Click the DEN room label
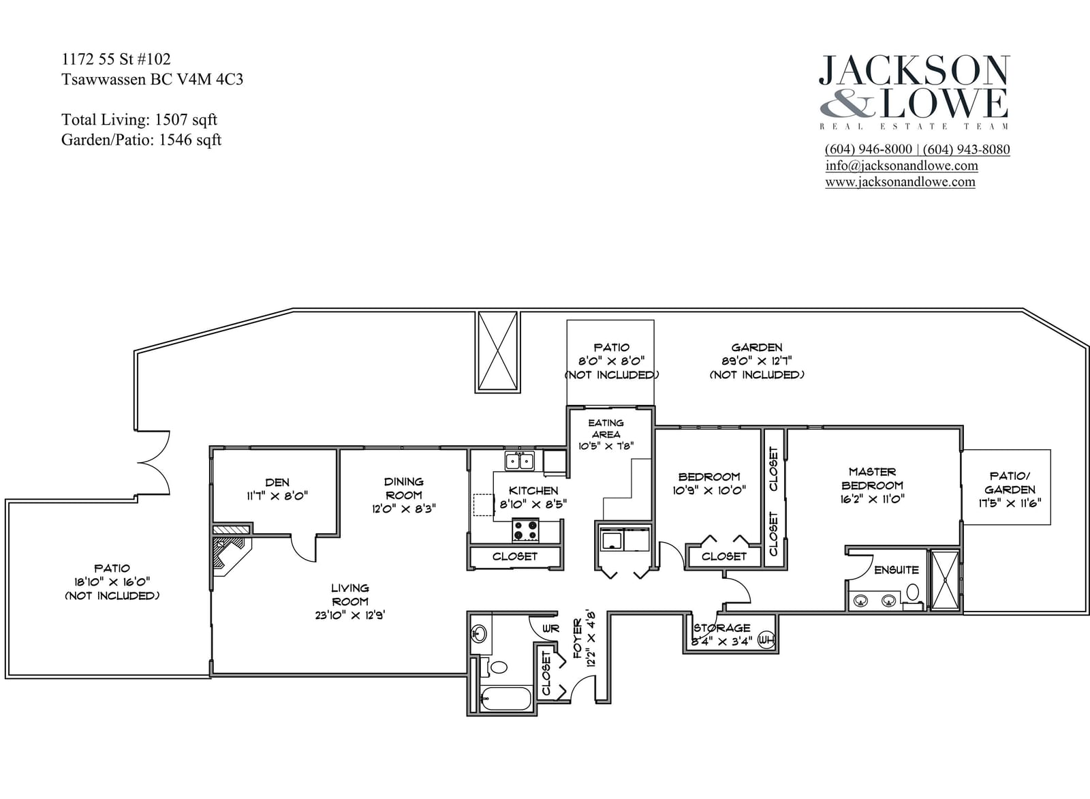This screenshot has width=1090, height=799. (277, 482)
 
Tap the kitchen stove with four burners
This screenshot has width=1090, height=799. (526, 530)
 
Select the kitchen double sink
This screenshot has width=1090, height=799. (520, 460)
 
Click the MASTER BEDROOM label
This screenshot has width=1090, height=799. (872, 478)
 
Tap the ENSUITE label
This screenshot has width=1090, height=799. (897, 570)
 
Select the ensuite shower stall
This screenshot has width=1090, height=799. (944, 580)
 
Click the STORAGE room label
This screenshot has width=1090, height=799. (722, 628)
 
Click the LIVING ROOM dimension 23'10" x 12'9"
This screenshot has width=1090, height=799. (350, 615)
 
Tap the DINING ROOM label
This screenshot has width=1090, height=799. (404, 488)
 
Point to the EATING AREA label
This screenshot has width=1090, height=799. (606, 428)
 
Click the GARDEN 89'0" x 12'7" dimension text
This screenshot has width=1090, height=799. (757, 361)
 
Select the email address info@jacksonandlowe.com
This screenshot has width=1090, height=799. (902, 166)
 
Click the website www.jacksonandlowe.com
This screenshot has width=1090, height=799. (900, 182)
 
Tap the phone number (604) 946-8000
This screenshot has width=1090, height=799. (869, 149)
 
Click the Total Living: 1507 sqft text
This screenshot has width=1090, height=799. (139, 119)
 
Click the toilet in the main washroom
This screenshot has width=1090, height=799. (495, 667)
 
